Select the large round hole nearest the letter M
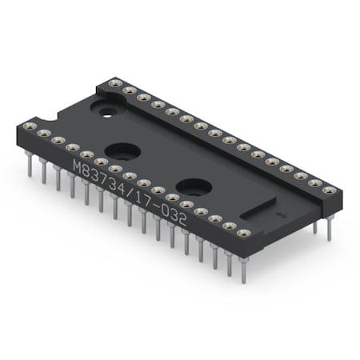point(122,150)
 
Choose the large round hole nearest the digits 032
point(194,187)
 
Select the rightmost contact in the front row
point(243,233)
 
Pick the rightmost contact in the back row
point(329,190)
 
